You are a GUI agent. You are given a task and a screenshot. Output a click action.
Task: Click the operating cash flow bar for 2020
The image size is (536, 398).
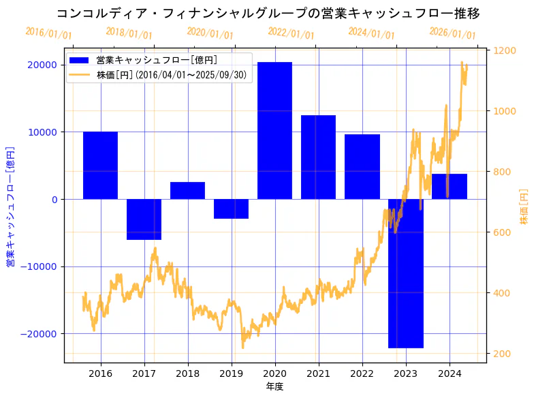point(274,130)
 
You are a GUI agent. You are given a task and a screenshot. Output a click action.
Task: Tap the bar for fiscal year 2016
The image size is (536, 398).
point(100,165)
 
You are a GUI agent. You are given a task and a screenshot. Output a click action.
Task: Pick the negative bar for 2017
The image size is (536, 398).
point(144,219)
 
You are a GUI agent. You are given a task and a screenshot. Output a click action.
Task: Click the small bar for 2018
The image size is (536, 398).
point(187,191)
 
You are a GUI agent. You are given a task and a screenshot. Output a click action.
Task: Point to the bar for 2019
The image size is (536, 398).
point(231,209)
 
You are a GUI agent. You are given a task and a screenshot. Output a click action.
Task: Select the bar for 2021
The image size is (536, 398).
point(318,157)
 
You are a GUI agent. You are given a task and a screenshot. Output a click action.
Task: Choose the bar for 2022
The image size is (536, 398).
point(362,166)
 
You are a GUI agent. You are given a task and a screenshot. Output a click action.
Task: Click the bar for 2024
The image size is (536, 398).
point(450,186)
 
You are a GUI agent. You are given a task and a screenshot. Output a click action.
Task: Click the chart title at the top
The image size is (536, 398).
point(268,14)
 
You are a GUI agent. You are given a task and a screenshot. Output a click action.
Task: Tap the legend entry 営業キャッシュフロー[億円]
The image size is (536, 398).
point(157,61)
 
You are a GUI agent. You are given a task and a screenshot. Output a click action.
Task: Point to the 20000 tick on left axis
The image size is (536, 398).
point(42,65)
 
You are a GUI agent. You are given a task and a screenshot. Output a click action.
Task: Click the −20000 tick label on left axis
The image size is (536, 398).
point(40,334)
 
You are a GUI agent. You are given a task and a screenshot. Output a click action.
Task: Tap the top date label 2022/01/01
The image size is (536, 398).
point(291,33)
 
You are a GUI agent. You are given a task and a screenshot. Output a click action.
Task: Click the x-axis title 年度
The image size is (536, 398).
point(274,386)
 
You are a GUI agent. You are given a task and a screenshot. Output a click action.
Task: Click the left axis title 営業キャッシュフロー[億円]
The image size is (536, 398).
point(10,206)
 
